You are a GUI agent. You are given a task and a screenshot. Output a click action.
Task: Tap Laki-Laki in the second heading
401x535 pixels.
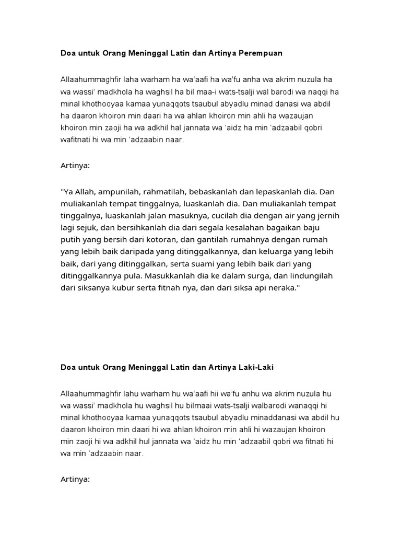tap(255, 368)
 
